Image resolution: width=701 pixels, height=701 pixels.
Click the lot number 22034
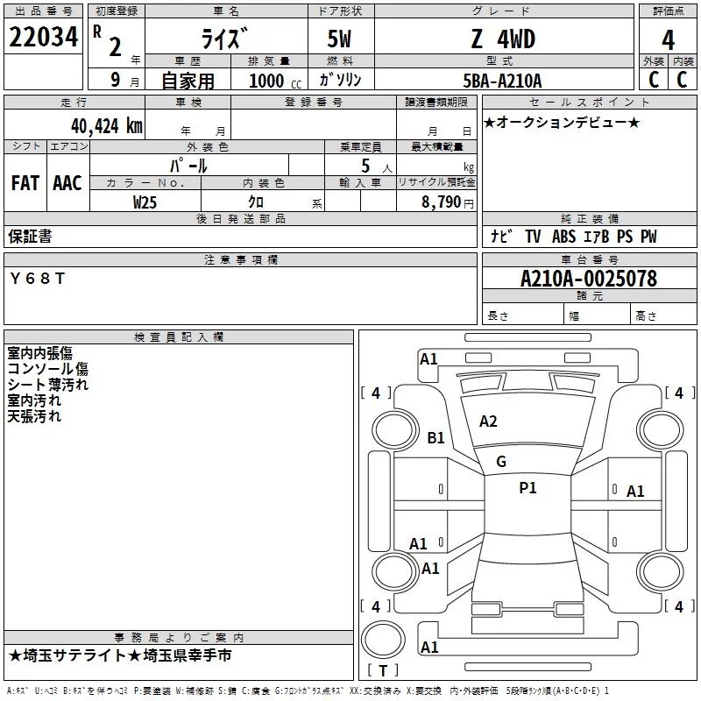pyautogui.click(x=43, y=38)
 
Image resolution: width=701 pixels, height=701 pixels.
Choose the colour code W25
pyautogui.click(x=145, y=202)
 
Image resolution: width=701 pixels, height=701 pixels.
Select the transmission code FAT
pyautogui.click(x=25, y=183)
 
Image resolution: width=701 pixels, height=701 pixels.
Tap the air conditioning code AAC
pyautogui.click(x=67, y=183)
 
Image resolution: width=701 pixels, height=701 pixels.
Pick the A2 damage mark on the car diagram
pyautogui.click(x=488, y=421)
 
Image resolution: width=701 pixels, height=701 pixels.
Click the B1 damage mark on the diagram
pyautogui.click(x=435, y=437)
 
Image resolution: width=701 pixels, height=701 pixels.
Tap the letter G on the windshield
pyautogui.click(x=501, y=462)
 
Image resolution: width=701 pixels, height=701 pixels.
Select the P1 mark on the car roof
pyautogui.click(x=528, y=488)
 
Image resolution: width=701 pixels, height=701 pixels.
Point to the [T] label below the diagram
pyautogui.click(x=382, y=671)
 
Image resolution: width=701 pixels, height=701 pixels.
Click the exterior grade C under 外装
pyautogui.click(x=652, y=80)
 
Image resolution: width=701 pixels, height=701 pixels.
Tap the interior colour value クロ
pyautogui.click(x=256, y=202)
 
